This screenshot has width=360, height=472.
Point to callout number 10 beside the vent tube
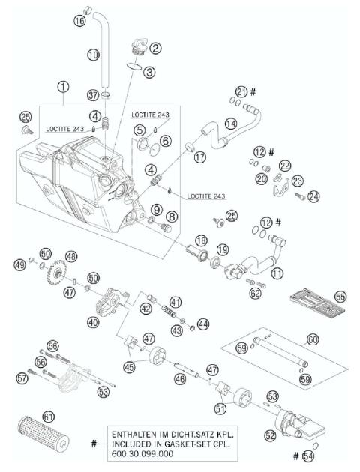[93, 55]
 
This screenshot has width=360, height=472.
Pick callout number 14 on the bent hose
[231, 122]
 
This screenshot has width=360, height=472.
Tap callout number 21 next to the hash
[241, 91]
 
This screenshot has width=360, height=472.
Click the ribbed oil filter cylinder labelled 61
[43, 433]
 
